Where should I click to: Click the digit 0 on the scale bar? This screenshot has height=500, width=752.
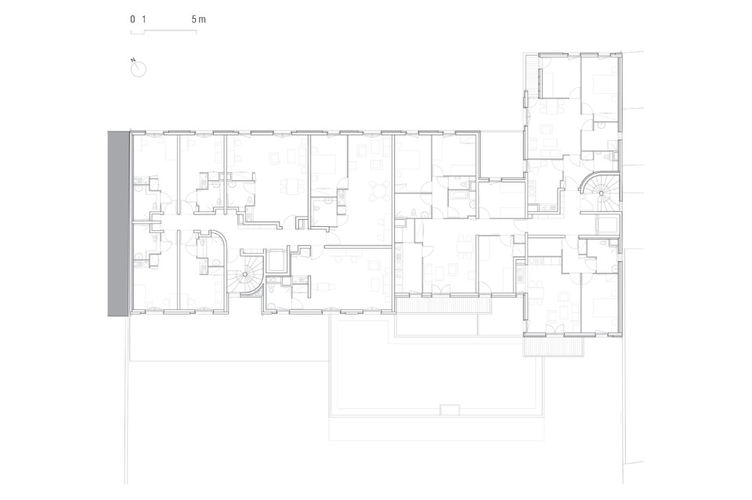pyautogui.click(x=132, y=20)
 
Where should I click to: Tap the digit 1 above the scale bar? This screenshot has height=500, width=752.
pyautogui.click(x=143, y=20)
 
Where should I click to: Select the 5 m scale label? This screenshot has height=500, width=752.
pyautogui.click(x=198, y=20)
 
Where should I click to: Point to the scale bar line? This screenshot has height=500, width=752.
pyautogui.click(x=164, y=31)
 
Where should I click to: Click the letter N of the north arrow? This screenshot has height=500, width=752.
pyautogui.click(x=134, y=60)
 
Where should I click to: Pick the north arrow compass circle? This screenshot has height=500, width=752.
pyautogui.click(x=139, y=70)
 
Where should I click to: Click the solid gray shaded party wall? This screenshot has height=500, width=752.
pyautogui.click(x=118, y=223)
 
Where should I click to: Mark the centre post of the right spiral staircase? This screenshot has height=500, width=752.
pyautogui.click(x=599, y=193)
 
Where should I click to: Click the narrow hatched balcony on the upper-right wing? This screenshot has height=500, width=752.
pyautogui.click(x=530, y=74)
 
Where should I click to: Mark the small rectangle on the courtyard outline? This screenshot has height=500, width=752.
pyautogui.click(x=450, y=410)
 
